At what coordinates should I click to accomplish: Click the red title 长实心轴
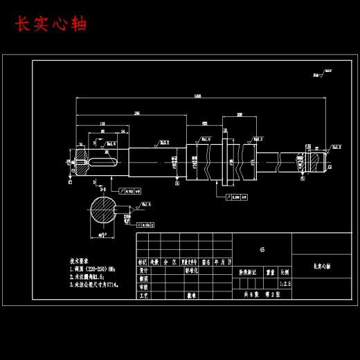point(51,24)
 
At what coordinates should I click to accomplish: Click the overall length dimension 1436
point(198,96)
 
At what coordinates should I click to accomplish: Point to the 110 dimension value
point(102,125)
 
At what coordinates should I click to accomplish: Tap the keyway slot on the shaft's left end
point(98,163)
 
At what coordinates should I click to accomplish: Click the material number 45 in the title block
point(262,249)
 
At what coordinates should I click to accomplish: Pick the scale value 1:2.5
point(285,283)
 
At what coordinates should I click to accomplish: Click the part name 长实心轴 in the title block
point(322,265)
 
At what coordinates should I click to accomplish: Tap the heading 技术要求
point(80,261)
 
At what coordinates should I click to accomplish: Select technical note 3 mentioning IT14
point(94,284)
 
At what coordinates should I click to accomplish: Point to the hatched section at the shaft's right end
point(316,161)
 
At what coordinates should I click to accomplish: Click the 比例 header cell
point(285,273)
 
